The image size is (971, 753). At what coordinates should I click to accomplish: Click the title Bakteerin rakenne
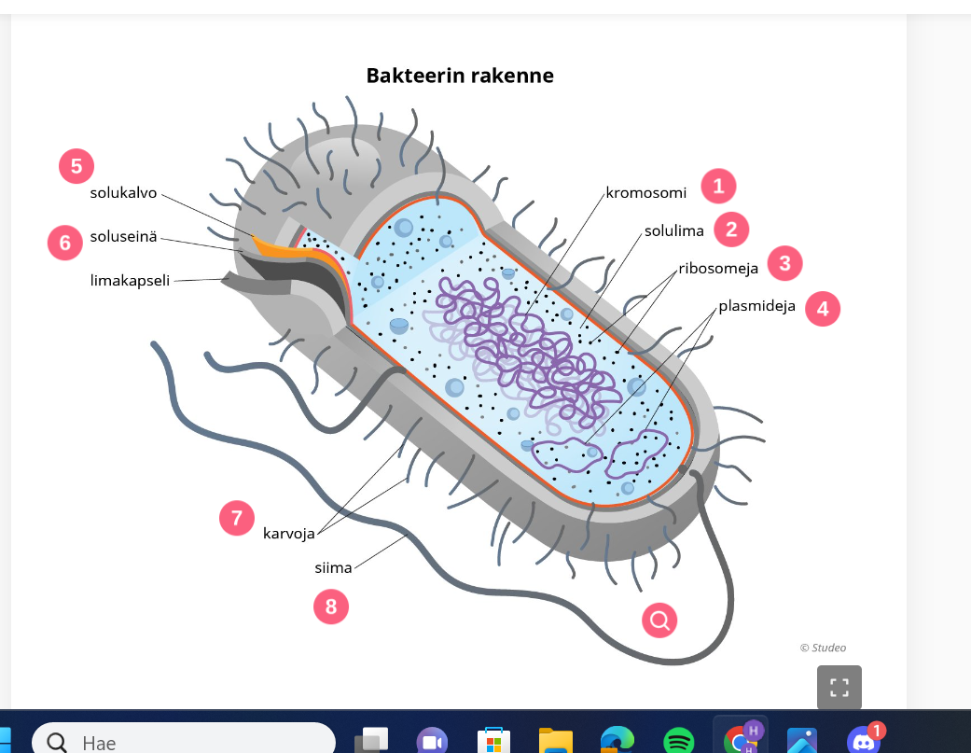pos(460,76)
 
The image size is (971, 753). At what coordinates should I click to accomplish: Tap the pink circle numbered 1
pos(718,187)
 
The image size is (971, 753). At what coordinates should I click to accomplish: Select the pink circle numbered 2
pos(731,229)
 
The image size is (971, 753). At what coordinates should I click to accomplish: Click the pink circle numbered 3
pos(784,264)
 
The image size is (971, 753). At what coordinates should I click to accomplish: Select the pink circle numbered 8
pos(330,607)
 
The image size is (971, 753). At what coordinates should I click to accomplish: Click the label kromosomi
pos(646,193)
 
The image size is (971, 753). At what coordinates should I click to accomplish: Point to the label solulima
pos(674,230)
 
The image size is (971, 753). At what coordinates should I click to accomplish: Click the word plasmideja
pos(756,307)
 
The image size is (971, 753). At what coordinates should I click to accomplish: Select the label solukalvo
pos(124,194)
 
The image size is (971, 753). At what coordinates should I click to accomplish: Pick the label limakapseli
pos(131,280)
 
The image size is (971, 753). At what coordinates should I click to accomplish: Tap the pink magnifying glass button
pos(660,620)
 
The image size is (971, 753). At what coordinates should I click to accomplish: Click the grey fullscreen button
pos(839,688)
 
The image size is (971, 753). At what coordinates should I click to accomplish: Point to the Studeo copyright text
pos(823,648)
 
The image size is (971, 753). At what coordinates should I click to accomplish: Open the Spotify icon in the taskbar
pos(678,742)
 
